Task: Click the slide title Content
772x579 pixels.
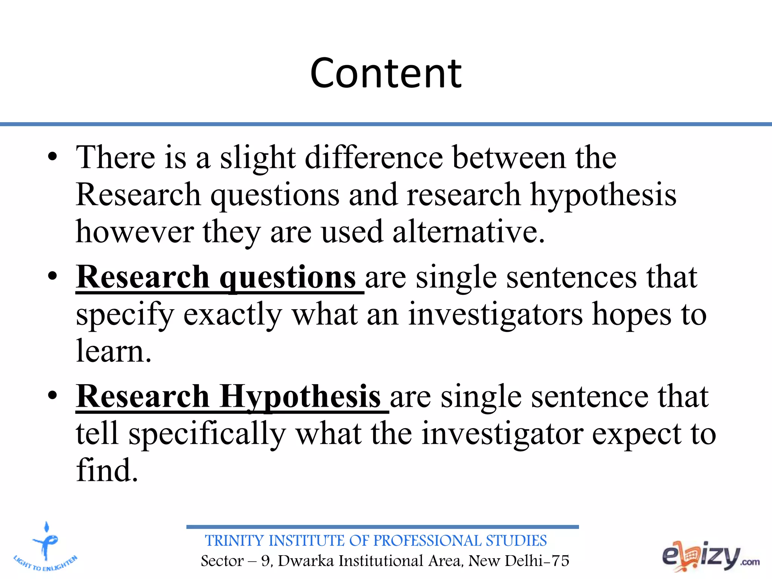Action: (x=386, y=73)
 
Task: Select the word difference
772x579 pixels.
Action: (x=374, y=158)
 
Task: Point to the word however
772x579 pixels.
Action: (x=135, y=232)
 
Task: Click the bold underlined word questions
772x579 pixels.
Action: (x=287, y=278)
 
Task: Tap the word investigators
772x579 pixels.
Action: (x=496, y=315)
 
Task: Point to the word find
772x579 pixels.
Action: (x=107, y=470)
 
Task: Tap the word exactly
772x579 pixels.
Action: (x=233, y=315)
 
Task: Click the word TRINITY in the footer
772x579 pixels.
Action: (x=234, y=541)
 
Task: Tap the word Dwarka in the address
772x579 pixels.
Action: (x=306, y=561)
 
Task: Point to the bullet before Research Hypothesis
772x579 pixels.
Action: (x=53, y=395)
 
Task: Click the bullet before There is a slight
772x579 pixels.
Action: (x=53, y=156)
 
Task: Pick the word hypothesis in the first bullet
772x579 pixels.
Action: (x=603, y=195)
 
